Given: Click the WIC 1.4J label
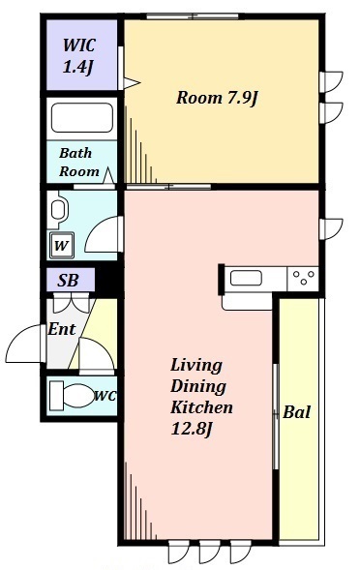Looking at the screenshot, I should (x=79, y=56).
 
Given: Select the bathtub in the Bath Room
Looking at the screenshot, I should (x=81, y=119).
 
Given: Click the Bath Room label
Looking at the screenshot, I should (x=79, y=162).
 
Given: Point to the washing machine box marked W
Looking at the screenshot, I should (x=61, y=246).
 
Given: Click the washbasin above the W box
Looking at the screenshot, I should (x=59, y=210).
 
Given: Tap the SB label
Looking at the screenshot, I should (x=69, y=281).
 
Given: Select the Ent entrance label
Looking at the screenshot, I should (x=61, y=329).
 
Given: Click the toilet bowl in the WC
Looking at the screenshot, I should (x=70, y=396).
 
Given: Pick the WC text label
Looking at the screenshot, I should (x=105, y=397).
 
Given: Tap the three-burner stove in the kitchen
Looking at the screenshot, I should (x=302, y=279).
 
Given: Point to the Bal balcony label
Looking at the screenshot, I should (x=296, y=412).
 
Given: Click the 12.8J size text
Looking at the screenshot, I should (x=194, y=430).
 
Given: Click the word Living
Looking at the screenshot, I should (x=195, y=365).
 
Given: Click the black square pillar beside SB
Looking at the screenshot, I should (x=106, y=281).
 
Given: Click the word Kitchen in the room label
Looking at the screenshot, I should (x=202, y=407).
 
